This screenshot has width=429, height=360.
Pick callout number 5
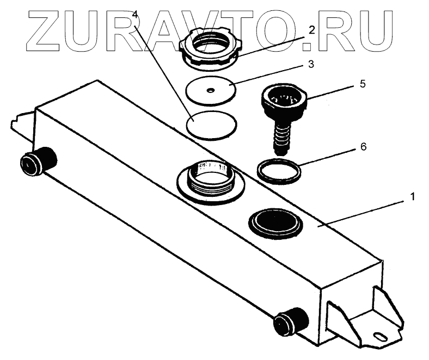(332, 85)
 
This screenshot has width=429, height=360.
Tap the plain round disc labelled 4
(212, 125)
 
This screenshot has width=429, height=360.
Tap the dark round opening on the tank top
(275, 222)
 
